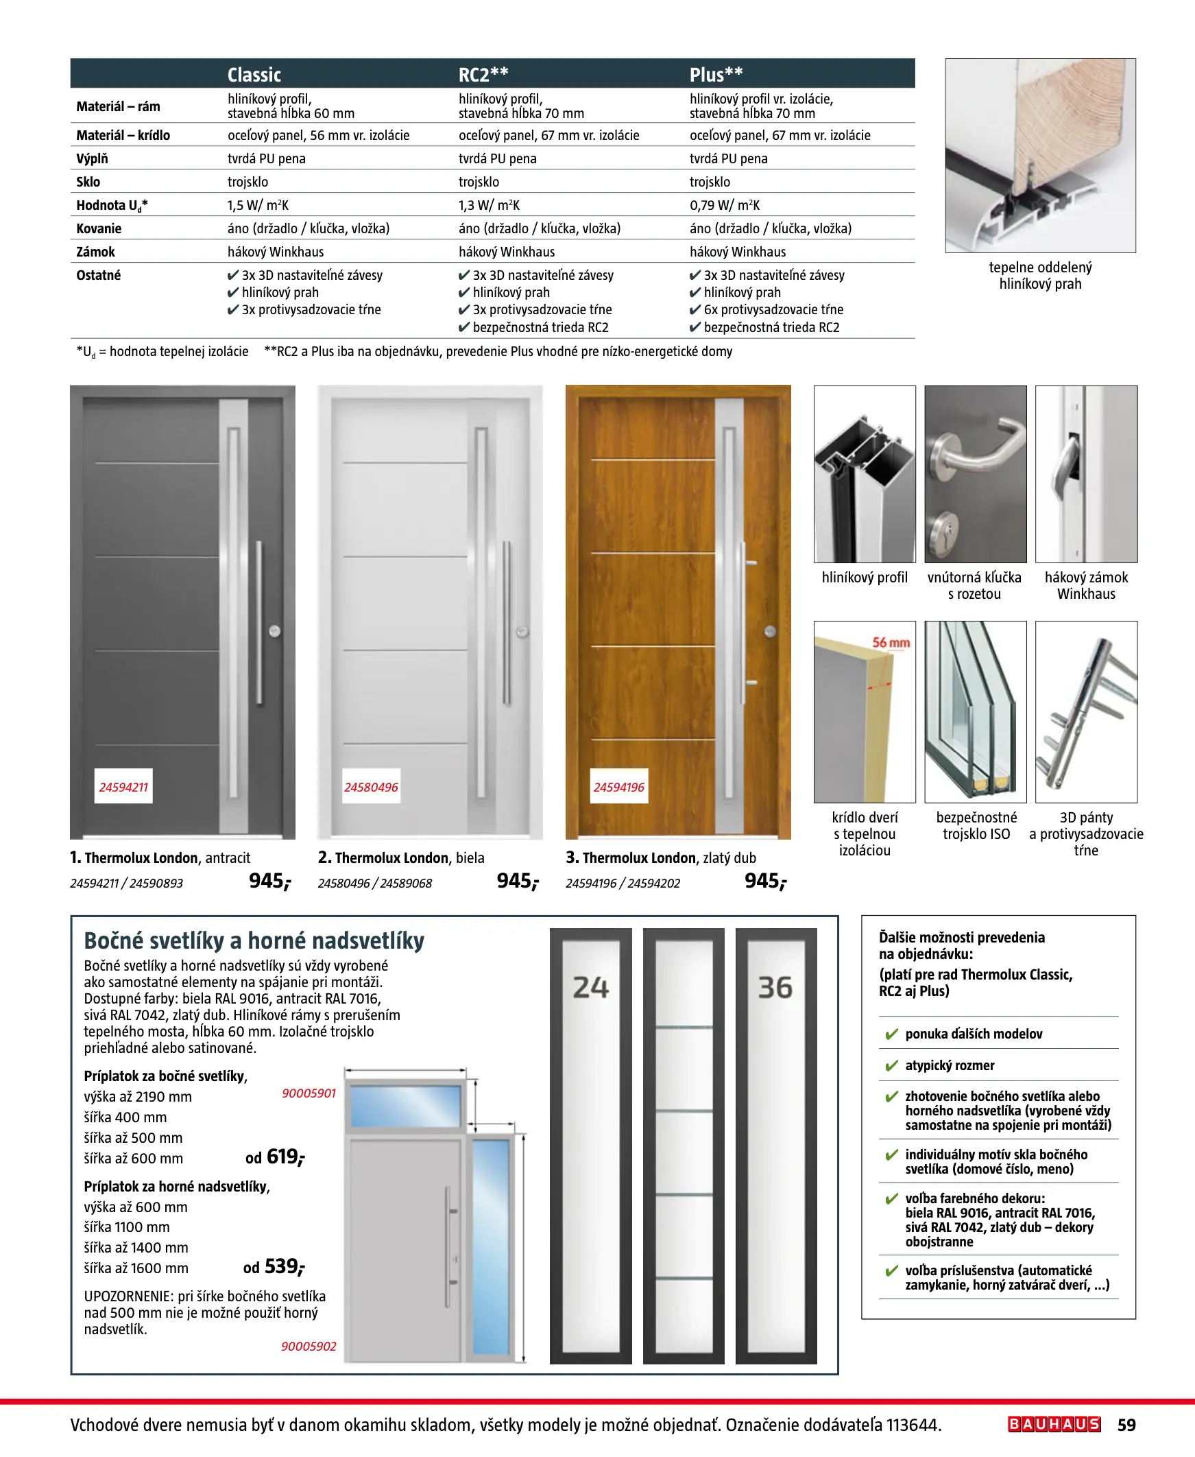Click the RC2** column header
(x=483, y=74)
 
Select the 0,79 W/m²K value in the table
(x=724, y=205)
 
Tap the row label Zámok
(x=96, y=252)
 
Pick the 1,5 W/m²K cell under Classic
(x=258, y=205)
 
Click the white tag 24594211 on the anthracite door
(x=124, y=787)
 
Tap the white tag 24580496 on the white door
(x=371, y=787)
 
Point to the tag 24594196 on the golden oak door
(x=619, y=787)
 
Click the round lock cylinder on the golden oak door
(x=771, y=630)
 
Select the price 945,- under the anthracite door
(x=270, y=881)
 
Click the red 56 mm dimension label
(x=891, y=643)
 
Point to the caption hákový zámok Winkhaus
(x=1086, y=585)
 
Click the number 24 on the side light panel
(x=590, y=987)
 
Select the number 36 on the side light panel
(x=775, y=987)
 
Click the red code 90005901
(x=309, y=1093)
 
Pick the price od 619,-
(x=276, y=1157)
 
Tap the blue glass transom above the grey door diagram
(x=405, y=1106)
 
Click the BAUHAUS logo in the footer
(x=1054, y=1424)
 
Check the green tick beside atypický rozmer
(x=891, y=1066)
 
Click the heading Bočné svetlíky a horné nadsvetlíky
(x=254, y=940)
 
